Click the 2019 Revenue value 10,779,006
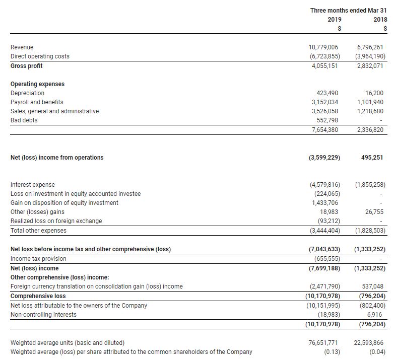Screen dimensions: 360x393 323,47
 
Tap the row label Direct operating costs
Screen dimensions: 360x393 40,56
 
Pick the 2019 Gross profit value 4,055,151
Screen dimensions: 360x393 325,66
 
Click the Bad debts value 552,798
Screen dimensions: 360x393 329,120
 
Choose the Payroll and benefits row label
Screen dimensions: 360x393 37,102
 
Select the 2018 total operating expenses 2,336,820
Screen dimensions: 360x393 370,130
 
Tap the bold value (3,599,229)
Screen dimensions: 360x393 324,158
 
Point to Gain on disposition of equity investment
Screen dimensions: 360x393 64,203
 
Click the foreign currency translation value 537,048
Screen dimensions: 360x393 373,286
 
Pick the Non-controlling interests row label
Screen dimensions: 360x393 44,315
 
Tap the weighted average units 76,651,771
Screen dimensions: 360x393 323,343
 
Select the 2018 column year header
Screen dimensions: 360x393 380,20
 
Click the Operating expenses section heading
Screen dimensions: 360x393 37,84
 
